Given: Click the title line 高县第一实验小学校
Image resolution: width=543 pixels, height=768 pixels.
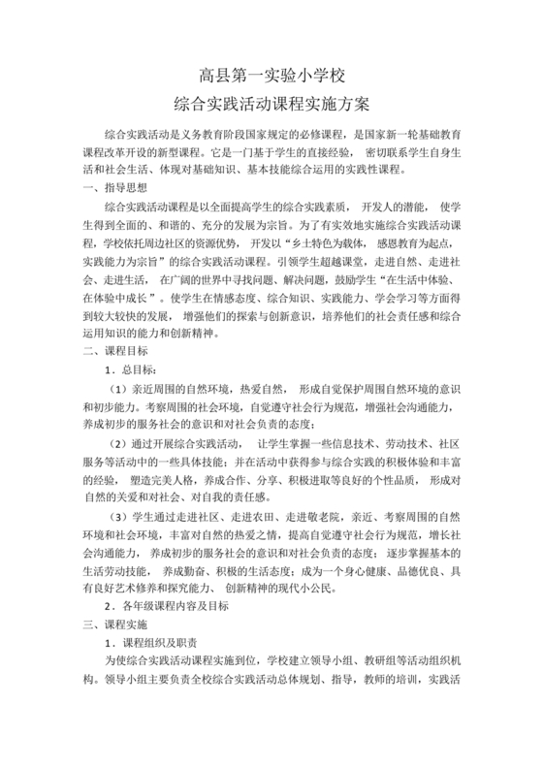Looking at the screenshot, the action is pyautogui.click(x=271, y=74).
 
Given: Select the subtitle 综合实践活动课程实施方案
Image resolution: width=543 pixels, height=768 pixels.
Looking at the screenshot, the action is pyautogui.click(x=271, y=100).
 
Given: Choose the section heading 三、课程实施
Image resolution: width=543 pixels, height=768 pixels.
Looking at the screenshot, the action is pyautogui.click(x=115, y=624).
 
